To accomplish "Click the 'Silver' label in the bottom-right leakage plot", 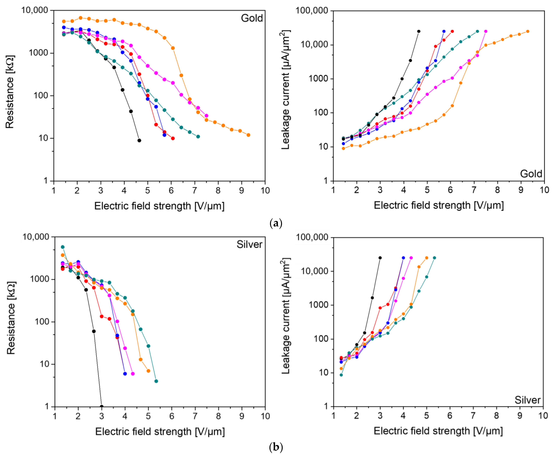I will tap(527, 400).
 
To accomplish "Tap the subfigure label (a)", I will tap(276, 224).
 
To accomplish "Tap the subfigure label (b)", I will tap(276, 447).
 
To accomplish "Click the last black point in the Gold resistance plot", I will tap(139, 140).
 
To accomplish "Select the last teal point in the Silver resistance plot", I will tap(156, 381).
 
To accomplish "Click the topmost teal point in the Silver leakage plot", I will tap(434, 258).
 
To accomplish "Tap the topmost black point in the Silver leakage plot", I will tap(380, 258).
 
